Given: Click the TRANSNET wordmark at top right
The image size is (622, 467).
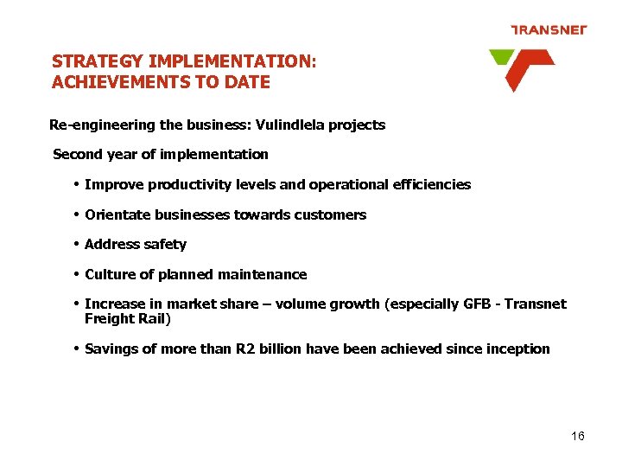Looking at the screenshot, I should pyautogui.click(x=549, y=29).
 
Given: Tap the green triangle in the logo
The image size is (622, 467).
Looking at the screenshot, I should pyautogui.click(x=500, y=57).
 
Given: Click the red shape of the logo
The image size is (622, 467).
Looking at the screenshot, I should pyautogui.click(x=524, y=68).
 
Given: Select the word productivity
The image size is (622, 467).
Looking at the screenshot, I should pyautogui.click(x=185, y=184).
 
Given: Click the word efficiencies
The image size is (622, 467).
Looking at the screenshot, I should pyautogui.click(x=429, y=184).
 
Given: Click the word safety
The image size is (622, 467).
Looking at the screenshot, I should pyautogui.click(x=165, y=244).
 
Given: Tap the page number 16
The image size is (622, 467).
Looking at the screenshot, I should pyautogui.click(x=578, y=436).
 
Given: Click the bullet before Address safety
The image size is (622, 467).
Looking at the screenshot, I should pyautogui.click(x=77, y=244).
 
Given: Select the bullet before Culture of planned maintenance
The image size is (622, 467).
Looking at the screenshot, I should pyautogui.click(x=77, y=274).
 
